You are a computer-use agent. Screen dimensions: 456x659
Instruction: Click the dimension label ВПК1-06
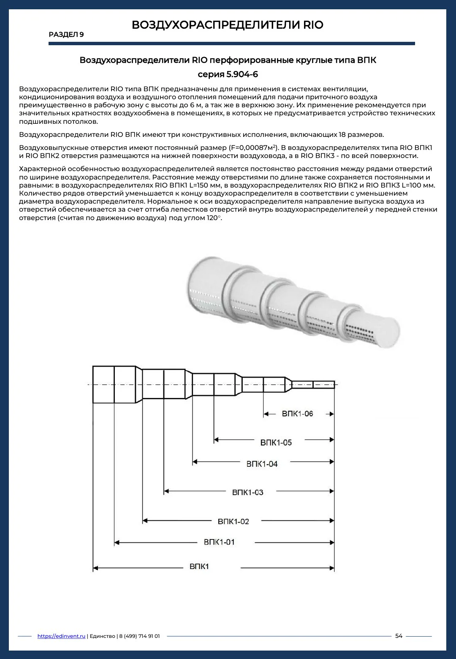(x=297, y=414)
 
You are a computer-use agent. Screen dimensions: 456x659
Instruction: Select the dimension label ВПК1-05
(x=276, y=442)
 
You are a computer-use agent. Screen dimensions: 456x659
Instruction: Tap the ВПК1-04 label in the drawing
(x=262, y=464)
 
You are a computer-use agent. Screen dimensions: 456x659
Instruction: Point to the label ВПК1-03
(x=247, y=492)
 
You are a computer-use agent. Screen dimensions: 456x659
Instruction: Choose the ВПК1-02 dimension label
(x=233, y=521)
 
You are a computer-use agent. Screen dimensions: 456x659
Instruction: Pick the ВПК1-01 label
(x=219, y=542)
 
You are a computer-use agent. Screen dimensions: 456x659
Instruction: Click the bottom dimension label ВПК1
(x=199, y=566)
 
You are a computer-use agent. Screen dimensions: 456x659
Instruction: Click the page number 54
(x=399, y=636)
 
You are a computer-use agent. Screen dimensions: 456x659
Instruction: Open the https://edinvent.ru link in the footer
(x=61, y=636)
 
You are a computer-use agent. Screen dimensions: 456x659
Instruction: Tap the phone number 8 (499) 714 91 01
(x=139, y=636)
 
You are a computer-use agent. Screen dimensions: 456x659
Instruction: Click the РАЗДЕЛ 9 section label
(x=66, y=34)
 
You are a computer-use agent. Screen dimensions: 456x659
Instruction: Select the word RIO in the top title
(x=313, y=25)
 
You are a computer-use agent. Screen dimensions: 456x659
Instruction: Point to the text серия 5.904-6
(x=228, y=74)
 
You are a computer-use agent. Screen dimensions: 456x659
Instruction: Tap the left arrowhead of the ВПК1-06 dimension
(x=266, y=414)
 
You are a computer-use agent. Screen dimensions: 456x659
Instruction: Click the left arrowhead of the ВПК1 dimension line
(x=95, y=568)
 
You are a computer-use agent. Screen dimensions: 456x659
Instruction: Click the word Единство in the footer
(x=102, y=636)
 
